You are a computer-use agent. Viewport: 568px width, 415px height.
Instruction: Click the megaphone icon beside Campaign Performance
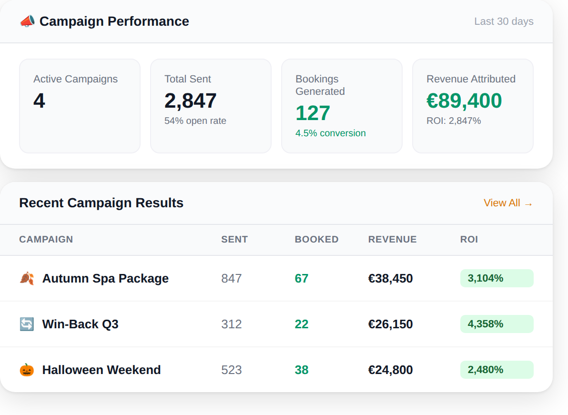point(27,21)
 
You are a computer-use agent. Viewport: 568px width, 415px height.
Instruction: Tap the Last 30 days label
point(504,21)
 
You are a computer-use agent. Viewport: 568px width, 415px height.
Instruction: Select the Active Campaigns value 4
point(39,101)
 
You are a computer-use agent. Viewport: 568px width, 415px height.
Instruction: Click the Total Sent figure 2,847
point(190,101)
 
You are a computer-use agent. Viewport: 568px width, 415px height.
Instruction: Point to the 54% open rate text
point(195,121)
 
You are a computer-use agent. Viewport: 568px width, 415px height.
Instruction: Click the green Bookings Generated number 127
point(313,113)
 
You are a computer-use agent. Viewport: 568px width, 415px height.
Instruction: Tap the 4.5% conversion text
point(330,133)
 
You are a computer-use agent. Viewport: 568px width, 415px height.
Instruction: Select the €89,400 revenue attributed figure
point(464,101)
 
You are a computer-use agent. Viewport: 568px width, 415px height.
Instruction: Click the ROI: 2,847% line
point(454,121)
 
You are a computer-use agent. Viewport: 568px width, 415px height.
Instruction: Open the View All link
point(508,203)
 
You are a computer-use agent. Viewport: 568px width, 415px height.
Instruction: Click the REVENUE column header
point(392,239)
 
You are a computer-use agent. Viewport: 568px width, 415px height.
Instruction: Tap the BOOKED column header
point(316,239)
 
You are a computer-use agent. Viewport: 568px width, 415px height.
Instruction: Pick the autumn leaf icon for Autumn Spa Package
point(27,278)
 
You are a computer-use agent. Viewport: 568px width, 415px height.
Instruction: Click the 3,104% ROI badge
point(497,278)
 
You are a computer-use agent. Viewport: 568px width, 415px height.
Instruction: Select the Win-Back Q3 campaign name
point(80,324)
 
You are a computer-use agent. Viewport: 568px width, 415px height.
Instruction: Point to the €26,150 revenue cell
point(390,324)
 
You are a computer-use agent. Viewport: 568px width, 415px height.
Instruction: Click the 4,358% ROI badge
point(497,324)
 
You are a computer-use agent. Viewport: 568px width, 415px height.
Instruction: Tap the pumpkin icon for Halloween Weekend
point(27,370)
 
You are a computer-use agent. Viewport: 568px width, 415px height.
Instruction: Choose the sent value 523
point(231,370)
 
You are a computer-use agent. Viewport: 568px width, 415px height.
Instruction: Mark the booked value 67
point(301,278)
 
